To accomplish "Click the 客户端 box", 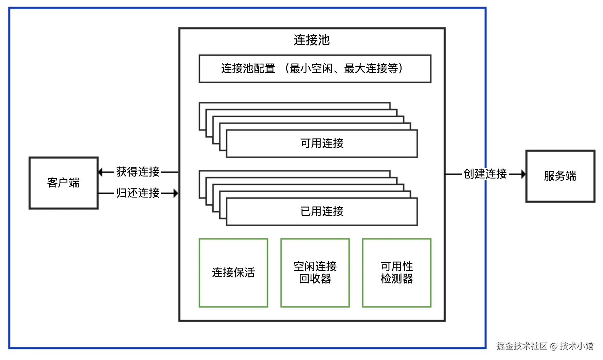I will click(64, 183).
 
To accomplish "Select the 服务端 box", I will click(560, 176).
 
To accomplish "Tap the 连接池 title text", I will click(312, 40).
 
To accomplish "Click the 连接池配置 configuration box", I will click(315, 68).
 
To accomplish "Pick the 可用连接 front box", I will click(322, 143).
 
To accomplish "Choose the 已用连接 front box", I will click(322, 211).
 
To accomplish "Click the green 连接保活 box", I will click(233, 273).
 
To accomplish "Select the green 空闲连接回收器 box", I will click(315, 273).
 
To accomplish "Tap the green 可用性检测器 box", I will click(397, 273).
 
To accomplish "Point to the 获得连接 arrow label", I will click(138, 172).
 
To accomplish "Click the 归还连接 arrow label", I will click(138, 193).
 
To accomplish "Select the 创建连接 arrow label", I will click(485, 174).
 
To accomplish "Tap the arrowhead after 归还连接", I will click(176, 193).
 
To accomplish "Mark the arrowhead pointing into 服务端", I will click(523, 174).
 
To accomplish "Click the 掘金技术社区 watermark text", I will click(521, 346).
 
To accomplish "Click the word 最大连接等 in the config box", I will click(371, 68).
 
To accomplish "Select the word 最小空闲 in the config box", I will click(311, 68).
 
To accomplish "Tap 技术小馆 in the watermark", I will click(577, 346).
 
